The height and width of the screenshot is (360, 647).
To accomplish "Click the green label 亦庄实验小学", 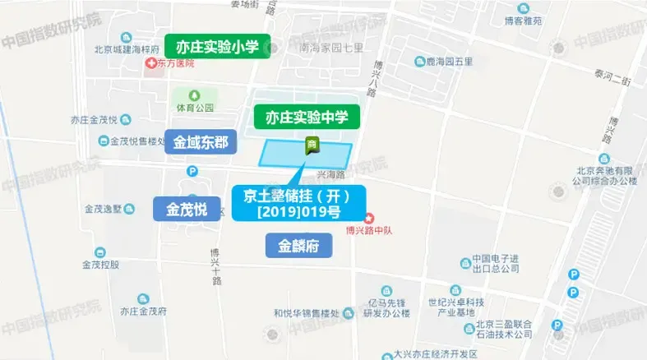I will click(218, 47).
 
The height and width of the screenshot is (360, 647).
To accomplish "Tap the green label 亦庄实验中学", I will click(307, 118).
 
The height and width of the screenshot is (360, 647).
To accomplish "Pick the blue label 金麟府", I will click(298, 245).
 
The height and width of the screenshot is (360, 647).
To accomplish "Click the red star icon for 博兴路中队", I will click(369, 219).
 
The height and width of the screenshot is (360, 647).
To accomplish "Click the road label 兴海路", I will click(329, 174).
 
